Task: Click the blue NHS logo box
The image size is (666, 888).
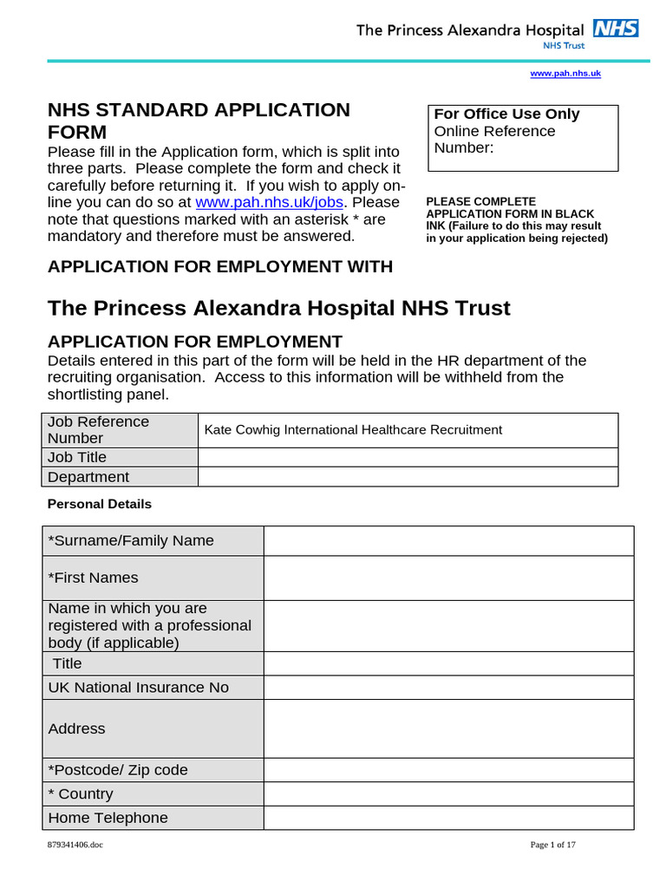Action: (616, 28)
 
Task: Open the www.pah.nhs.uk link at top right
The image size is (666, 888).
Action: (565, 74)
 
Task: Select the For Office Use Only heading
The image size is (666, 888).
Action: (506, 114)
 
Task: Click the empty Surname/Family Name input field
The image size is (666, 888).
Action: (448, 540)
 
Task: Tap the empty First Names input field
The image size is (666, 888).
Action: (448, 578)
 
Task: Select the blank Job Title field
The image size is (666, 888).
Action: (408, 457)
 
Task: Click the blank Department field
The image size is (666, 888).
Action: (408, 477)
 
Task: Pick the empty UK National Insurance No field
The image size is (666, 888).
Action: (448, 688)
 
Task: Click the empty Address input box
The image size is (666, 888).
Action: (448, 728)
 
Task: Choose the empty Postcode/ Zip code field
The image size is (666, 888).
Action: (448, 770)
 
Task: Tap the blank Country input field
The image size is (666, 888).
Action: (448, 793)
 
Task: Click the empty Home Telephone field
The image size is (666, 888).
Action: (448, 818)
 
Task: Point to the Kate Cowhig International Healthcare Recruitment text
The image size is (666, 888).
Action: (353, 429)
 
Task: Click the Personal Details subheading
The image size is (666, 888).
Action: (99, 504)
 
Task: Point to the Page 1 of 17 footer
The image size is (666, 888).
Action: (552, 845)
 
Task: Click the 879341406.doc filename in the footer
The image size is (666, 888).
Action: (75, 845)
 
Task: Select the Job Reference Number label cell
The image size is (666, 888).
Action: (120, 429)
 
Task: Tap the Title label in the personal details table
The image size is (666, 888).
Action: (68, 663)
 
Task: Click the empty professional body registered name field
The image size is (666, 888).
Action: (448, 625)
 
